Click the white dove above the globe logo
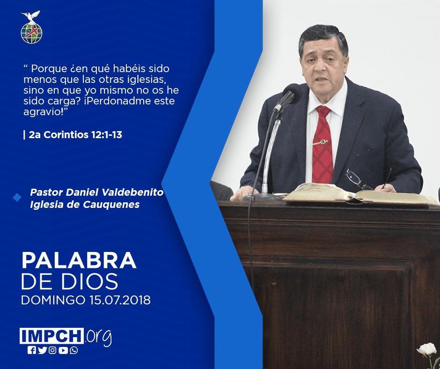[31, 16]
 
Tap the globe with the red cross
[31, 33]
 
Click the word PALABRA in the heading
[79, 261]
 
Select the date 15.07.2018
[120, 300]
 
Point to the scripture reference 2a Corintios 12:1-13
[75, 135]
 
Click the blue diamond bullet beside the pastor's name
[17, 198]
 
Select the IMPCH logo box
[51, 336]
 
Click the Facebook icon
[31, 350]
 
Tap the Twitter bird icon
[42, 350]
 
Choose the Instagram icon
[52, 350]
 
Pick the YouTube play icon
[63, 350]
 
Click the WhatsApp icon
[74, 350]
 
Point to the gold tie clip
[320, 142]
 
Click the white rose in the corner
[426, 349]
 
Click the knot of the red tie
[323, 111]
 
